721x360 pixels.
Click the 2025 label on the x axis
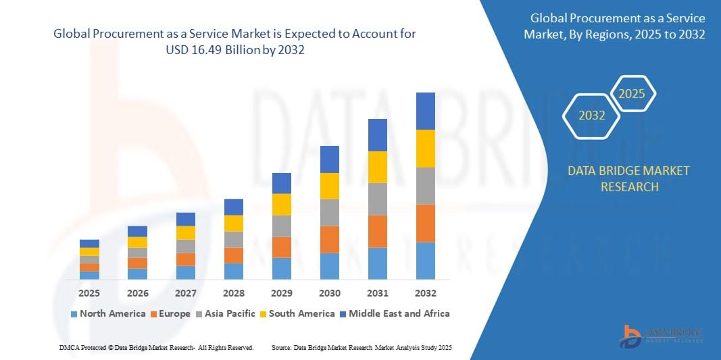tap(89, 293)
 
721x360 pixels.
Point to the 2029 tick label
tap(282, 293)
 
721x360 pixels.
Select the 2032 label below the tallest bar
tap(426, 293)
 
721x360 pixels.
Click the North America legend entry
tap(108, 313)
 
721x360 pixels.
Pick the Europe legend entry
tap(170, 313)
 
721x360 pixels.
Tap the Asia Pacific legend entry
tap(226, 313)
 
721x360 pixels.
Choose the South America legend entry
tap(297, 313)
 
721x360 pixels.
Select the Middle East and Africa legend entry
tap(394, 313)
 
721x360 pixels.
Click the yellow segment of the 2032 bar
tap(426, 149)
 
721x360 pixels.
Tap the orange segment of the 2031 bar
tap(378, 231)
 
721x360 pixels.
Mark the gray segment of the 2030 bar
tap(330, 212)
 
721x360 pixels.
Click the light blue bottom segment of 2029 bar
tap(282, 268)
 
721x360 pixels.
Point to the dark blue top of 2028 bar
tap(234, 207)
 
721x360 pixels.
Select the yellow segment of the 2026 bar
tap(137, 242)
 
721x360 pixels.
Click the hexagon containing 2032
tap(592, 115)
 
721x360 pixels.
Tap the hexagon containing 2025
tap(632, 94)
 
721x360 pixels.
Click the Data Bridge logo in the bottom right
tap(661, 336)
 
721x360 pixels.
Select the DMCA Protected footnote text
tap(156, 347)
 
